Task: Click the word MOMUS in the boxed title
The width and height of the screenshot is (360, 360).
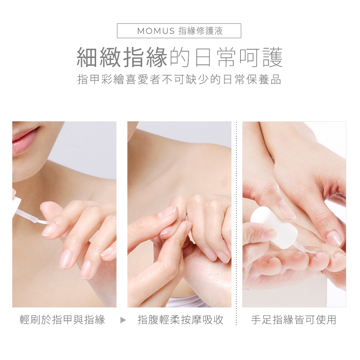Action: pos(156,31)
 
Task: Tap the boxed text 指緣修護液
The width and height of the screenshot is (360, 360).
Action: pos(201,31)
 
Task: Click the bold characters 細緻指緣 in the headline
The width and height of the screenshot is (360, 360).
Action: pos(122,57)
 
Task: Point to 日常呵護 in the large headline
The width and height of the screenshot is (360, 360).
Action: pos(239,57)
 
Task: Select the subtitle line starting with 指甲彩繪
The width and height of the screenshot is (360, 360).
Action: pos(179,80)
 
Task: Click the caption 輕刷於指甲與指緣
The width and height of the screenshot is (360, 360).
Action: pos(62,320)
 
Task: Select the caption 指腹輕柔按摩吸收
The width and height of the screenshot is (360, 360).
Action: pos(180,320)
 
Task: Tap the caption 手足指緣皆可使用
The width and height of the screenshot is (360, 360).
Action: pos(294,320)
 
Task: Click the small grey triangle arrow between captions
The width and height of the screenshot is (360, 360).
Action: pos(123,320)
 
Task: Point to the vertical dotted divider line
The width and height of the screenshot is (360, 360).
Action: pos(237,223)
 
